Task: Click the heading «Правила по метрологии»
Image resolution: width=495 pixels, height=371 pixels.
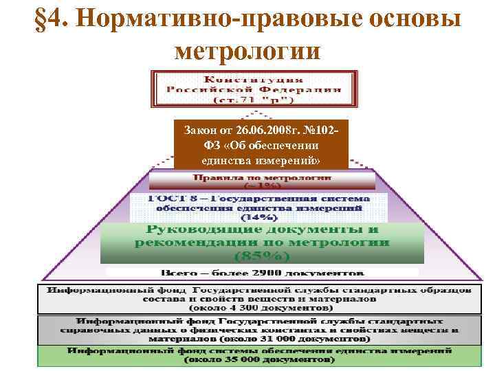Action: pyautogui.click(x=262, y=177)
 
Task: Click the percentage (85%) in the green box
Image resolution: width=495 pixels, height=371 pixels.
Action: pyautogui.click(x=262, y=256)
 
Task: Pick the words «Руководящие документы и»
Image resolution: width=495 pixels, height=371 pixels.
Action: pyautogui.click(x=262, y=230)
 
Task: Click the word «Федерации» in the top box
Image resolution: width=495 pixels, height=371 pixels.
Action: pyautogui.click(x=303, y=89)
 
